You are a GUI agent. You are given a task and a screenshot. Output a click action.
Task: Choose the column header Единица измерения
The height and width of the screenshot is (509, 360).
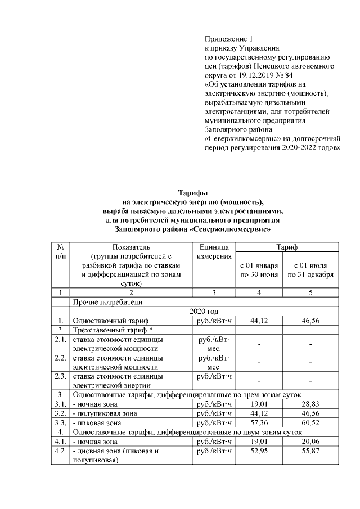click(214, 251)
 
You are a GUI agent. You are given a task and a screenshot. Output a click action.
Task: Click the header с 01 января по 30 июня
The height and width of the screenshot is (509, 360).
click(258, 269)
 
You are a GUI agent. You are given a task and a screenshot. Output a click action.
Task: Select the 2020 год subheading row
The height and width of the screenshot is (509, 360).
click(202, 311)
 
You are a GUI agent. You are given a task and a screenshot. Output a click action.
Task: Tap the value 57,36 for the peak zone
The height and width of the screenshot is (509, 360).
click(258, 422)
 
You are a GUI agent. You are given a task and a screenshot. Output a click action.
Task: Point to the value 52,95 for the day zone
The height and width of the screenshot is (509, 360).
click(258, 451)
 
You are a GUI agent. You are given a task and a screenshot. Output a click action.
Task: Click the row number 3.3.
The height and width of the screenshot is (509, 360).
click(60, 422)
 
